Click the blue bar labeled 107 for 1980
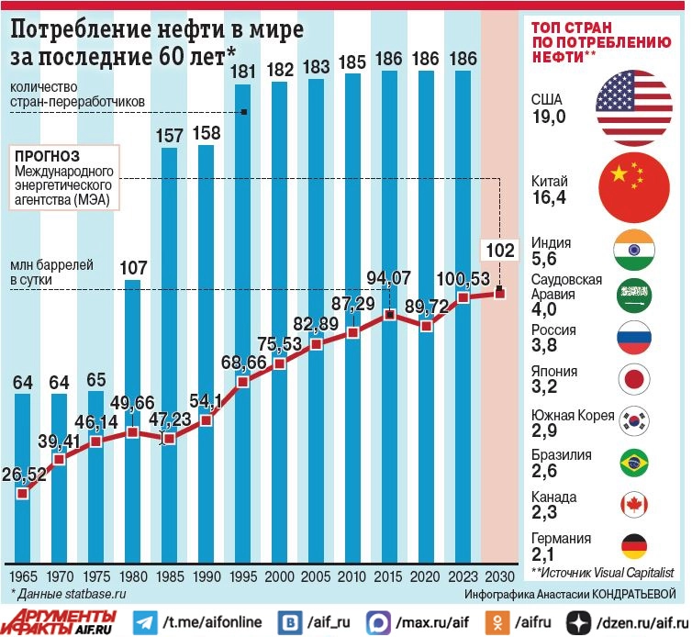click(x=133, y=413)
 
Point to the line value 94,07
click(x=389, y=277)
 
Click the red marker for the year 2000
click(x=279, y=363)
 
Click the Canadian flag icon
click(x=635, y=503)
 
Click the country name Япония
click(x=554, y=371)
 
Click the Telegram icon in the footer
click(x=144, y=622)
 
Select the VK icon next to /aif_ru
click(x=291, y=622)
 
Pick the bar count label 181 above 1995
click(x=243, y=71)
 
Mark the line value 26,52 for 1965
click(x=23, y=475)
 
